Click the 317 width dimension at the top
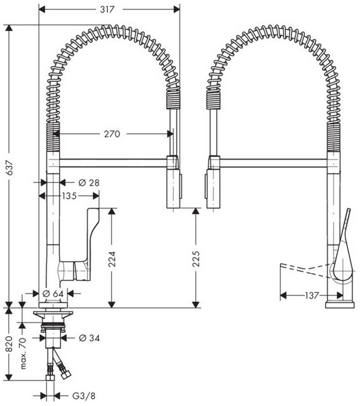coord(107,10)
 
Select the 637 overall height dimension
coord(10,168)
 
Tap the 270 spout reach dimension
coord(112,134)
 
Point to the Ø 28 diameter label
coord(89,183)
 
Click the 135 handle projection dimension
coord(69,196)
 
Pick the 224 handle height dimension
coord(112,259)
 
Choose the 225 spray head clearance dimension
coord(196,259)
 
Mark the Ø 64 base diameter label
coord(53,294)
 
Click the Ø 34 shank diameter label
coord(89,338)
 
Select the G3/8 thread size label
coord(84,396)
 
